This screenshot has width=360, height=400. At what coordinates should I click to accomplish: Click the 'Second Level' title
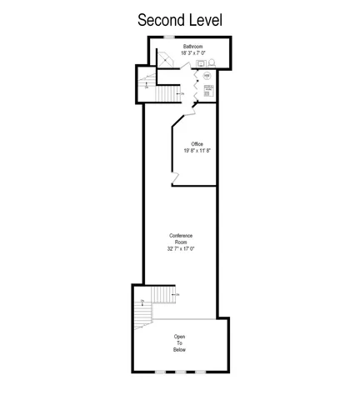[x=179, y=18]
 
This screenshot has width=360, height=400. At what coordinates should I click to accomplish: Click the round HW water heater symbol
[x=207, y=77]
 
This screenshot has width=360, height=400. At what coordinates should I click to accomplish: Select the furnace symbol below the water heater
[x=207, y=88]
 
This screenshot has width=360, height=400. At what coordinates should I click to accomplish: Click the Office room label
[x=197, y=144]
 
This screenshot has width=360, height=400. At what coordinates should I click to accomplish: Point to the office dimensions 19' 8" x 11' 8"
[x=197, y=152]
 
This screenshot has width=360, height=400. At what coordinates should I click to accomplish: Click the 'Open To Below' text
[x=180, y=342]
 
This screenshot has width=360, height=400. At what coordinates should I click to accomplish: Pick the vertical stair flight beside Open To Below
[x=141, y=315]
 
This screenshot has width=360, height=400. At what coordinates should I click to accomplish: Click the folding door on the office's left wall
[x=174, y=176]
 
